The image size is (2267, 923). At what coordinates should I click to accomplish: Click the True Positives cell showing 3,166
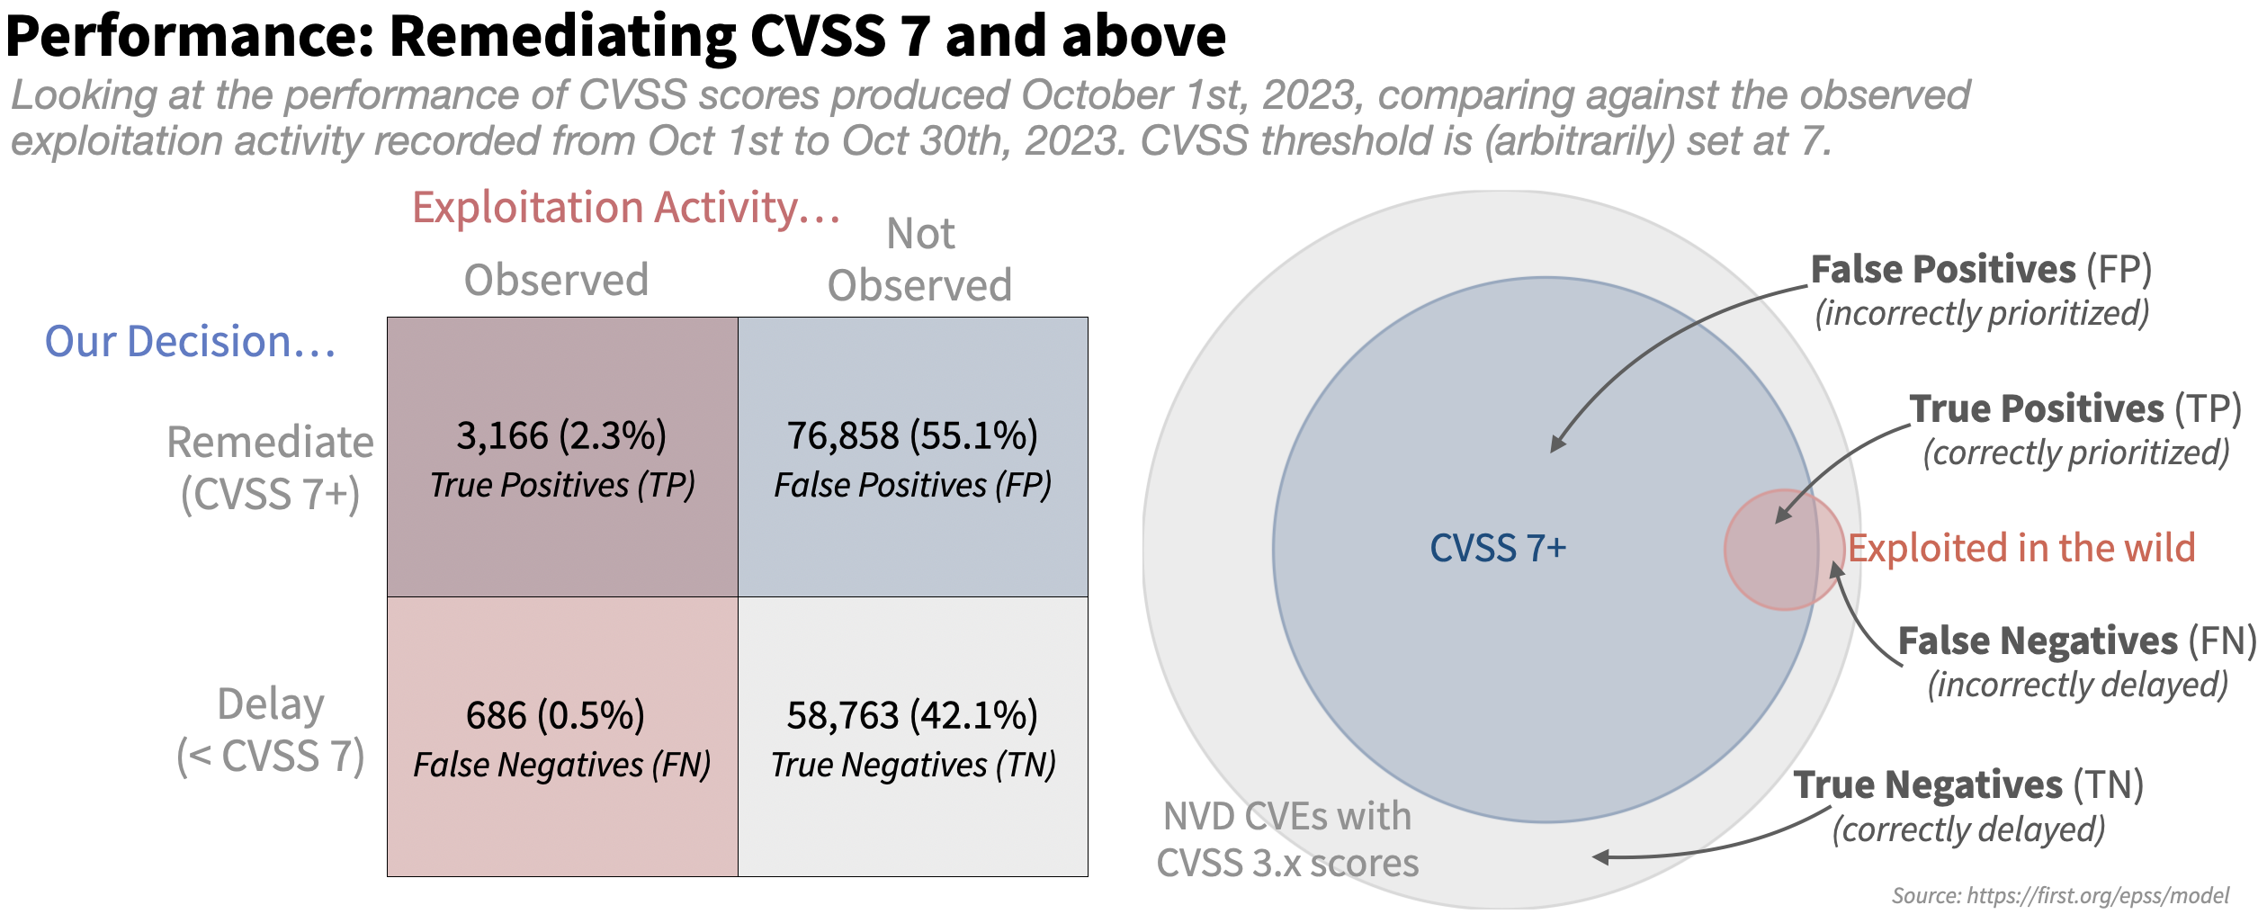pyautogui.click(x=562, y=457)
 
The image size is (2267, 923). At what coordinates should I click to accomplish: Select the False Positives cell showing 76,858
pyautogui.click(x=913, y=457)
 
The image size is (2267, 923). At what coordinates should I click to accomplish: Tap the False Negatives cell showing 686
pyautogui.click(x=562, y=737)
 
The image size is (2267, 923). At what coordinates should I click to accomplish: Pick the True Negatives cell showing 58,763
pyautogui.click(x=913, y=737)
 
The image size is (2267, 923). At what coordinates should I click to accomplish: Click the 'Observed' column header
pyautogui.click(x=556, y=280)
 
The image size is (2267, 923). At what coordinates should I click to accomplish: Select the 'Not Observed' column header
pyautogui.click(x=920, y=260)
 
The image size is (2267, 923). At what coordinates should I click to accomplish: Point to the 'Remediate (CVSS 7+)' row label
pyautogui.click(x=270, y=468)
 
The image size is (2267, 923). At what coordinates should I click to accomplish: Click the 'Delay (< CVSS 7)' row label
pyautogui.click(x=270, y=730)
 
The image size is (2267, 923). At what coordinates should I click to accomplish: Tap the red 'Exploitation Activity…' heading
pyautogui.click(x=626, y=208)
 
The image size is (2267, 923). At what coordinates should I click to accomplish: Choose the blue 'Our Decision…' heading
pyautogui.click(x=190, y=342)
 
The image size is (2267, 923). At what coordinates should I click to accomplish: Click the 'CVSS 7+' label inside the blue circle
pyautogui.click(x=1498, y=548)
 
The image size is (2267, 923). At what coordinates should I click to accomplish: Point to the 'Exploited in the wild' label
pyautogui.click(x=2021, y=548)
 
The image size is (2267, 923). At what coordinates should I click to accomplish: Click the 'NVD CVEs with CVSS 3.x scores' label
pyautogui.click(x=1287, y=839)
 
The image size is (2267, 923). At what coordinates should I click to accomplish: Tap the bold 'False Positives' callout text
pyautogui.click(x=1943, y=269)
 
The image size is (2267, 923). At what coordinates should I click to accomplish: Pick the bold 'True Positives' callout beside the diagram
pyautogui.click(x=2037, y=408)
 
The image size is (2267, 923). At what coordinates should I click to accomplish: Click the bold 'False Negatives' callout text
pyautogui.click(x=2038, y=641)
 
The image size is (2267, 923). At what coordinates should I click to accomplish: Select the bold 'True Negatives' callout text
pyautogui.click(x=1928, y=784)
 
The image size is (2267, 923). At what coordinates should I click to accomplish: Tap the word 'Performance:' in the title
pyautogui.click(x=189, y=36)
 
